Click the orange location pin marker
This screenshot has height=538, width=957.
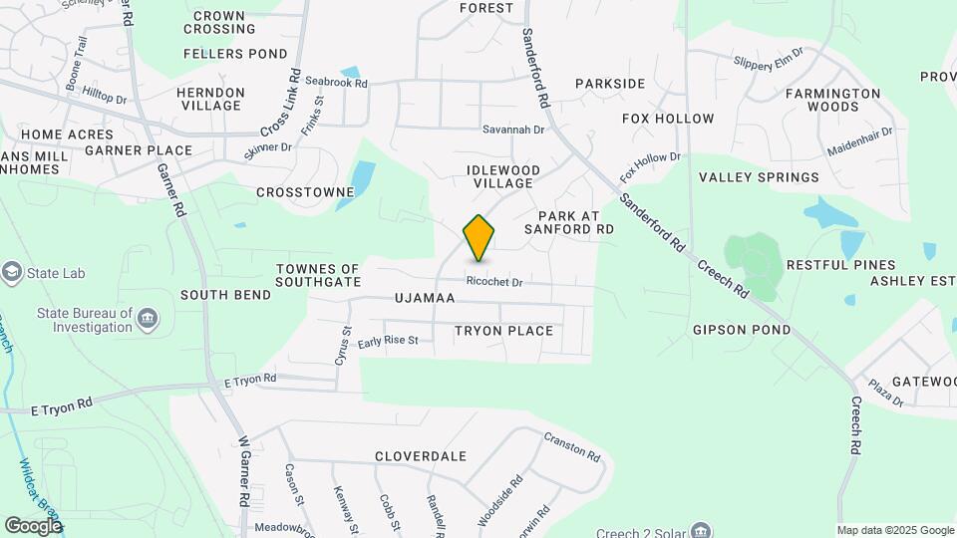click(479, 237)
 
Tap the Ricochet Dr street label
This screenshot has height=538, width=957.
click(494, 283)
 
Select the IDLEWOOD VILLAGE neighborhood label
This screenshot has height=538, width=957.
click(503, 176)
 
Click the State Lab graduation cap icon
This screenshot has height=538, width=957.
click(12, 270)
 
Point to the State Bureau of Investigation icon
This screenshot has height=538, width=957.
click(149, 319)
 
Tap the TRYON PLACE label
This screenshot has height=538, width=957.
click(503, 331)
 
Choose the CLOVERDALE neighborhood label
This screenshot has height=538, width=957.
click(421, 456)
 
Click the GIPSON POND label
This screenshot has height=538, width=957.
click(742, 330)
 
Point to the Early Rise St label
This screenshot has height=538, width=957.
click(388, 341)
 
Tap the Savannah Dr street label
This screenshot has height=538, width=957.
click(513, 130)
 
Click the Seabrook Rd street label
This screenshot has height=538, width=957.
click(336, 83)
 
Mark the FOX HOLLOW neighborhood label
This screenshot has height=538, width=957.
click(668, 119)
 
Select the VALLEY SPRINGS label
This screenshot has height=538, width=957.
click(759, 177)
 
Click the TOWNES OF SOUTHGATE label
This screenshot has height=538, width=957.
click(318, 275)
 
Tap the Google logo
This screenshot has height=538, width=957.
click(33, 525)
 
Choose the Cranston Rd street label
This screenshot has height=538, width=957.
click(572, 446)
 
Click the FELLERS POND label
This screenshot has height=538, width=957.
click(228, 53)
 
